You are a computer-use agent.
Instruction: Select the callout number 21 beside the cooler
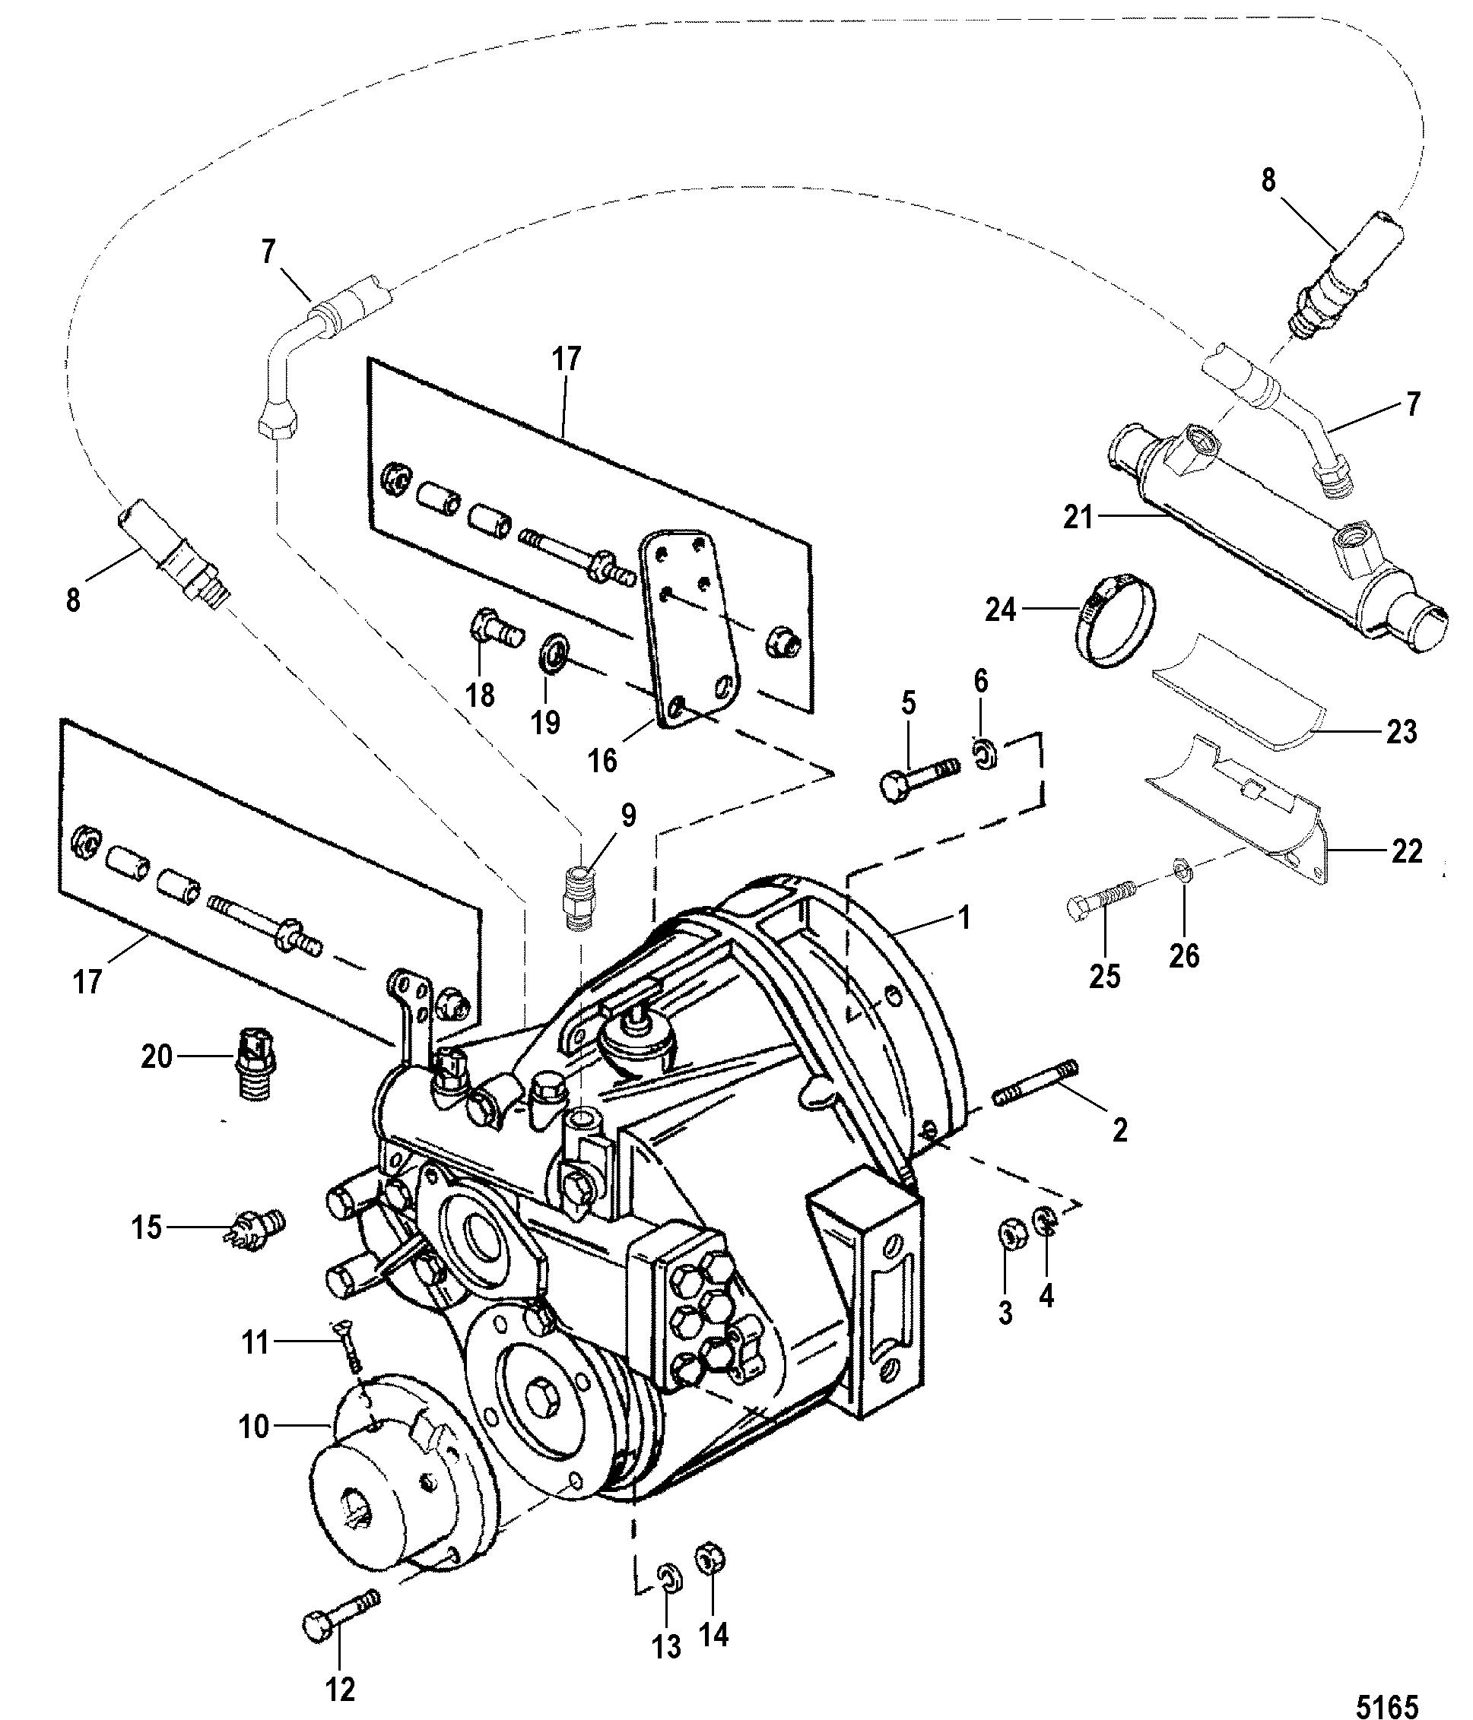point(1078,519)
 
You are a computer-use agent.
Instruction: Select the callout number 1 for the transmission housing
point(964,918)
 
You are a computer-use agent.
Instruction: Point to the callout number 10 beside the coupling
point(254,1427)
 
